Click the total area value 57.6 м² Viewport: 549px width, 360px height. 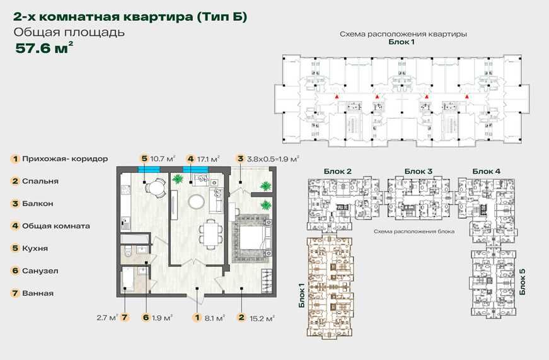tap(44, 48)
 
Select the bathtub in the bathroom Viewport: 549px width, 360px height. tap(127, 279)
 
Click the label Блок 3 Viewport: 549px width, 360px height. tap(418, 171)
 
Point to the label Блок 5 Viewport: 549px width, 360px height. tap(523, 282)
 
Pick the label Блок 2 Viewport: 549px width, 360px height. tap(337, 171)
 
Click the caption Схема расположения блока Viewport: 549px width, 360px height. tap(414, 231)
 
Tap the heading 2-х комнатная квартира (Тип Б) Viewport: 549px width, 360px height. tap(130, 17)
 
